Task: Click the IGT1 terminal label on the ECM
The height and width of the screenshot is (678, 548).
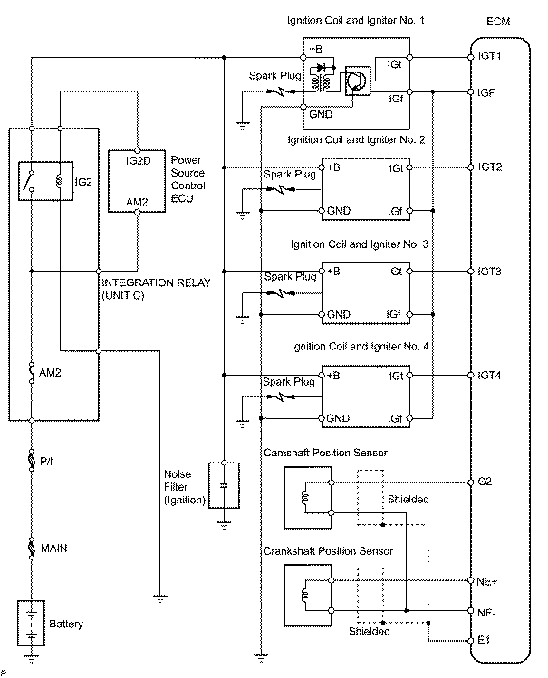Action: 490,56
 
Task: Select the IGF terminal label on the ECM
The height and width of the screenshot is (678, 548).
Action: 487,91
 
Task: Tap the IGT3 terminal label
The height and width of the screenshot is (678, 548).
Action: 490,271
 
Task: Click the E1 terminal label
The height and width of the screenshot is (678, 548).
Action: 485,640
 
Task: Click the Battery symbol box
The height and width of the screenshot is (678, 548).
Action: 33,625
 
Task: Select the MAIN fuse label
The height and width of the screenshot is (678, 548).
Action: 53,549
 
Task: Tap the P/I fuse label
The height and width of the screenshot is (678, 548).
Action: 48,462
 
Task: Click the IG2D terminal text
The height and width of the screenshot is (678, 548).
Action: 136,160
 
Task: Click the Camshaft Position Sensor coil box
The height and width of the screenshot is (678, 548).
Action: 307,497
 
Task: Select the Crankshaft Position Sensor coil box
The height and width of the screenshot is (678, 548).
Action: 307,595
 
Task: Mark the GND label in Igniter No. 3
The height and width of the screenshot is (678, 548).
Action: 338,314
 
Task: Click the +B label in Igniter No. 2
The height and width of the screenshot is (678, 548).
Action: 334,167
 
